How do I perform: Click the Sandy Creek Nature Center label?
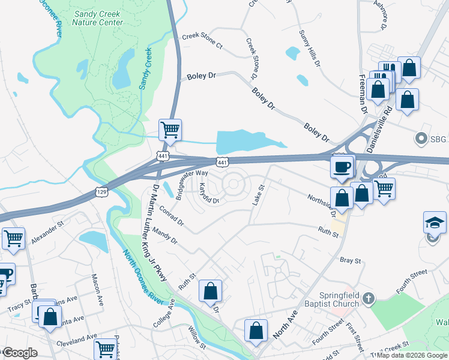pos(97,18)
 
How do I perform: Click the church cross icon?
pos(370,298)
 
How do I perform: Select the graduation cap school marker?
pos(435,223)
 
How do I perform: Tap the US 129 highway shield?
pos(101,191)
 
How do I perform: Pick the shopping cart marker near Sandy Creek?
pos(170,130)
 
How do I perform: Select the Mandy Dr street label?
pos(165,235)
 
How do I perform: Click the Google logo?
pos(19,353)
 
